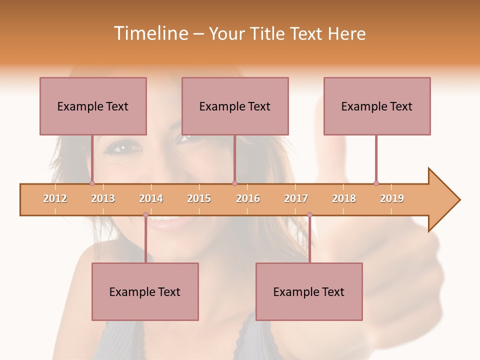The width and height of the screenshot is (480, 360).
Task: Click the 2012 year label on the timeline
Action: pyautogui.click(x=55, y=198)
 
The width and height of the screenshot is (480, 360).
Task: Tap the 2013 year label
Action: pyautogui.click(x=103, y=198)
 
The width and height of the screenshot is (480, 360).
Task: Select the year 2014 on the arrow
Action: pyautogui.click(x=151, y=198)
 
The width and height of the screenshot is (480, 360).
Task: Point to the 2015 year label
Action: pyautogui.click(x=199, y=198)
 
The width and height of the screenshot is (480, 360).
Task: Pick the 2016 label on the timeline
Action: pyautogui.click(x=248, y=198)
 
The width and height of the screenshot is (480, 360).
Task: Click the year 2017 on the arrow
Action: pyautogui.click(x=296, y=198)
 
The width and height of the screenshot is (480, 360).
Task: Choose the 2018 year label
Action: pyautogui.click(x=344, y=198)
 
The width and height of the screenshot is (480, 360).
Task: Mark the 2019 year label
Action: pyautogui.click(x=392, y=198)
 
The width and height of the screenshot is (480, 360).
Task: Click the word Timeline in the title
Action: pyautogui.click(x=150, y=33)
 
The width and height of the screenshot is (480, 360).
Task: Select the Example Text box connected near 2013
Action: pyautogui.click(x=93, y=106)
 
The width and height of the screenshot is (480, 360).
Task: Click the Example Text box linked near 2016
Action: pyautogui.click(x=235, y=106)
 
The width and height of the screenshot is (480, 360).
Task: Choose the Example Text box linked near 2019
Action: pyautogui.click(x=377, y=106)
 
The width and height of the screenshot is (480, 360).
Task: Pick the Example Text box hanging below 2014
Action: pyautogui.click(x=145, y=291)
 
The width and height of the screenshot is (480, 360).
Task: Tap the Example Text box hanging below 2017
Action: pyautogui.click(x=309, y=291)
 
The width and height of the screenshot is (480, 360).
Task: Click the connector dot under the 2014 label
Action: pyautogui.click(x=145, y=214)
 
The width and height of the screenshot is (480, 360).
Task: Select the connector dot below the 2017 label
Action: pyautogui.click(x=309, y=214)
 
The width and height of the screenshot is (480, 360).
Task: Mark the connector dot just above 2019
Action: pyautogui.click(x=376, y=183)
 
